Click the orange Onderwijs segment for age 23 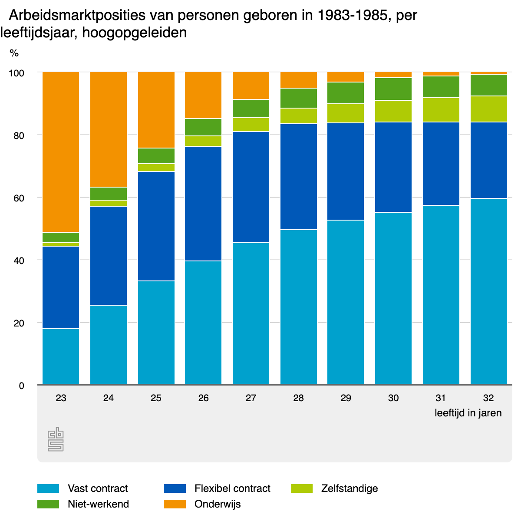pyautogui.click(x=61, y=152)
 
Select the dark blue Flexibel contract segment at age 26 pyautogui.click(x=203, y=204)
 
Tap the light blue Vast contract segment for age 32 pyautogui.click(x=488, y=291)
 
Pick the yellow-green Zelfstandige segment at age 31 pyautogui.click(x=441, y=110)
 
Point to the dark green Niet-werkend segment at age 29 pyautogui.click(x=346, y=93)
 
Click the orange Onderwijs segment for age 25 pyautogui.click(x=156, y=110)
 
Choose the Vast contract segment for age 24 pyautogui.click(x=109, y=345)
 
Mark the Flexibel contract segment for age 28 pyautogui.click(x=299, y=177)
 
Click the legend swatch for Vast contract pyautogui.click(x=48, y=488)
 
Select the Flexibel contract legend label pyautogui.click(x=232, y=488)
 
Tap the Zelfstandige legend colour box pyautogui.click(x=301, y=488)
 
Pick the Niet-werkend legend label pyautogui.click(x=98, y=504)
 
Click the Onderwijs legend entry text pyautogui.click(x=218, y=504)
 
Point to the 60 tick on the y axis pyautogui.click(x=18, y=198)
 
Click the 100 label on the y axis pyautogui.click(x=16, y=73)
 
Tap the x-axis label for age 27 pyautogui.click(x=251, y=398)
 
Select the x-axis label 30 pyautogui.click(x=393, y=398)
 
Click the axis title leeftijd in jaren pyautogui.click(x=468, y=413)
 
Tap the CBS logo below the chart pyautogui.click(x=56, y=439)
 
